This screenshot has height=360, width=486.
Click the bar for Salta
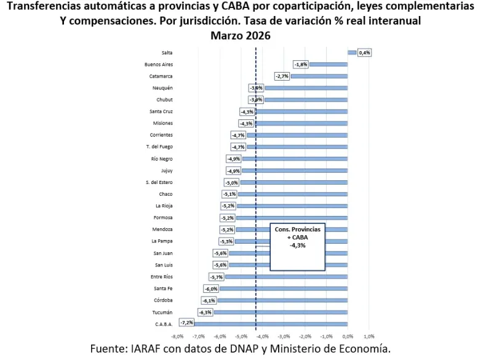pos(352,53)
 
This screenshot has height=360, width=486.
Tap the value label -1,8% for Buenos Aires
pos(301,65)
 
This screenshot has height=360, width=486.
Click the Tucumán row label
pos(162,312)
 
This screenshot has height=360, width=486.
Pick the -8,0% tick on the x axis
pos(177,337)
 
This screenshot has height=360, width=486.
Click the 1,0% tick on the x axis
pos(369,337)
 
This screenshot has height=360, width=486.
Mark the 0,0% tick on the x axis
pos(348,337)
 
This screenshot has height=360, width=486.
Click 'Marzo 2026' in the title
pos(241,36)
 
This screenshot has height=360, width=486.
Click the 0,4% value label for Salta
pos(364,53)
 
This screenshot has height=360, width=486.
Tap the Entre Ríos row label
pos(161,276)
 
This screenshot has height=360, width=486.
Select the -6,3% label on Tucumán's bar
pos(205,312)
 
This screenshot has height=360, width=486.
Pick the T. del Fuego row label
pos(159,146)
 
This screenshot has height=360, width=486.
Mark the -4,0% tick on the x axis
pos(263,337)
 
